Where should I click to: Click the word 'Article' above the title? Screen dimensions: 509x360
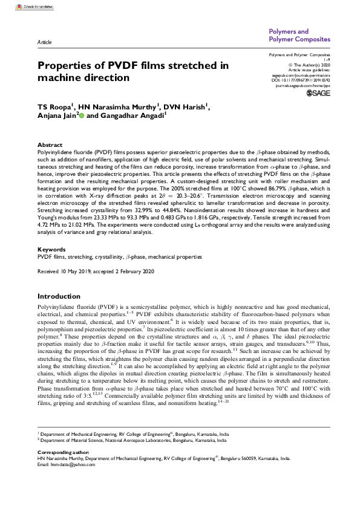point(44,44)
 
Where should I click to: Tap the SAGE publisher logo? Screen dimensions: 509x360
point(318,94)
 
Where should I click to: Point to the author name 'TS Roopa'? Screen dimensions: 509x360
point(53,107)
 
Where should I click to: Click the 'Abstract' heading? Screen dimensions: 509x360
point(50,145)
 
